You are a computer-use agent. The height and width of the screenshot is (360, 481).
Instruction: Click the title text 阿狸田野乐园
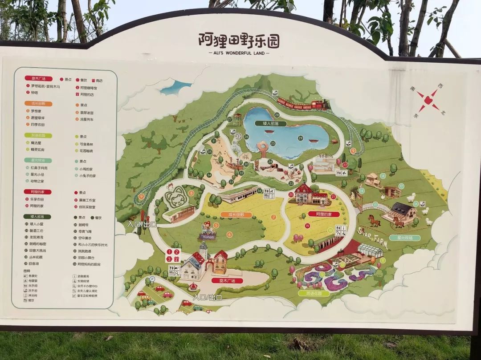coord(239,40)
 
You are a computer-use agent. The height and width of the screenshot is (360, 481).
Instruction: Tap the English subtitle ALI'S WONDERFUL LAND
coord(239,53)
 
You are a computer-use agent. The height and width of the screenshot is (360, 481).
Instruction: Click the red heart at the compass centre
coord(428,100)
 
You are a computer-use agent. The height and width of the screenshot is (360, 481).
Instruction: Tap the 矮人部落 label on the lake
coord(267,123)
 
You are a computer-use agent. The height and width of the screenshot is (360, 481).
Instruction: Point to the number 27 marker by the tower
coord(230,119)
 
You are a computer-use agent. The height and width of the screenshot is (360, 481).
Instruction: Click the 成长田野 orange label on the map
coord(236,214)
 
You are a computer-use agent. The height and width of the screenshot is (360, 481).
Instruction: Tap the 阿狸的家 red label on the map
coord(324,214)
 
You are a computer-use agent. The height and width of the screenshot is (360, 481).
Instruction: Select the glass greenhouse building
coord(370,250)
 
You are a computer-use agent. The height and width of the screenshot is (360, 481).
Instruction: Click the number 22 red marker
coord(345,164)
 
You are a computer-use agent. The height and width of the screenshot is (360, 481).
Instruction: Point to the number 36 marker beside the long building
coord(260,190)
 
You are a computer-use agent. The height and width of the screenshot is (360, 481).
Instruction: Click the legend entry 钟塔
coord(34,93)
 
